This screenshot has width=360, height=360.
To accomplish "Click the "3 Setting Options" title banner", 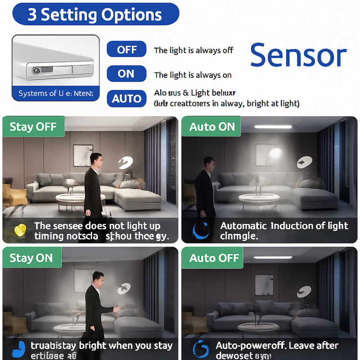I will pos(95,14).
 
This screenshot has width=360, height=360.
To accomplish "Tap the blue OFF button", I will pos(126,49).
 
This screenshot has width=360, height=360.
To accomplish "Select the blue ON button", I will pos(126,74).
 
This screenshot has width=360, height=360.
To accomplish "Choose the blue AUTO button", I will pos(126,99).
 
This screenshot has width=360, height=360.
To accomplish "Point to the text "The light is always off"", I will pos(193,50).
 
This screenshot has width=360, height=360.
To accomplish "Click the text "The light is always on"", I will pos(193,75).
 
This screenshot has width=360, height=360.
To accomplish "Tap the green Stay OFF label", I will pos(34,126).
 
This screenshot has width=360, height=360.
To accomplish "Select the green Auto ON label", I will pos(212,127).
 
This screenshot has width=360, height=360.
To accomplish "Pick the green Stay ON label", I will pos(31,258).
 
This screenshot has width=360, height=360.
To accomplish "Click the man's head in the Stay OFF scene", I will pos(95,159).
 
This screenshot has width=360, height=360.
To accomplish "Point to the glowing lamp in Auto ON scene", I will pos(275,154).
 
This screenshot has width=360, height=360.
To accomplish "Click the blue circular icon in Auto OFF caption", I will pos(200,349).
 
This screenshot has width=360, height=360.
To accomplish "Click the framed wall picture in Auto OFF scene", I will pos(264,284).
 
